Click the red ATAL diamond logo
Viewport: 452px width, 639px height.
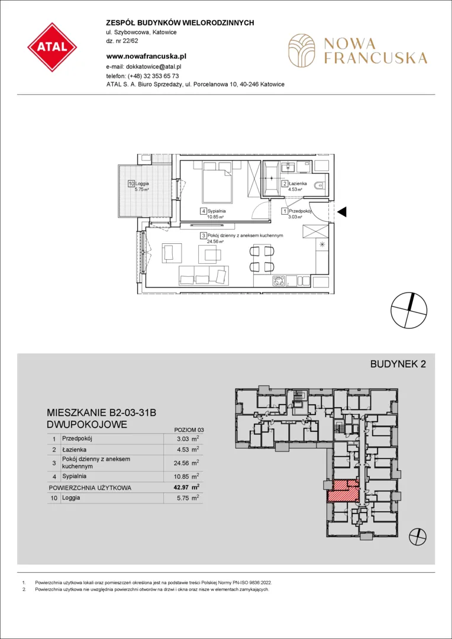(52, 47)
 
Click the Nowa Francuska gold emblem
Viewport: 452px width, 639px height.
(302, 50)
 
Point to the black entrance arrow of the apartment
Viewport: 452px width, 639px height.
(343, 211)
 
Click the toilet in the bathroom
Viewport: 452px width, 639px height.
(319, 186)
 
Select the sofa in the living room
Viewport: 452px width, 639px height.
(204, 275)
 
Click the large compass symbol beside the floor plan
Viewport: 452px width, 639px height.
(409, 310)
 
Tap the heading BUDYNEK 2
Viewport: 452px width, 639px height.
(398, 364)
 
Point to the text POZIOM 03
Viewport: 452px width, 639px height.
(188, 430)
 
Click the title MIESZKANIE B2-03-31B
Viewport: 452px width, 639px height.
(102, 413)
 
